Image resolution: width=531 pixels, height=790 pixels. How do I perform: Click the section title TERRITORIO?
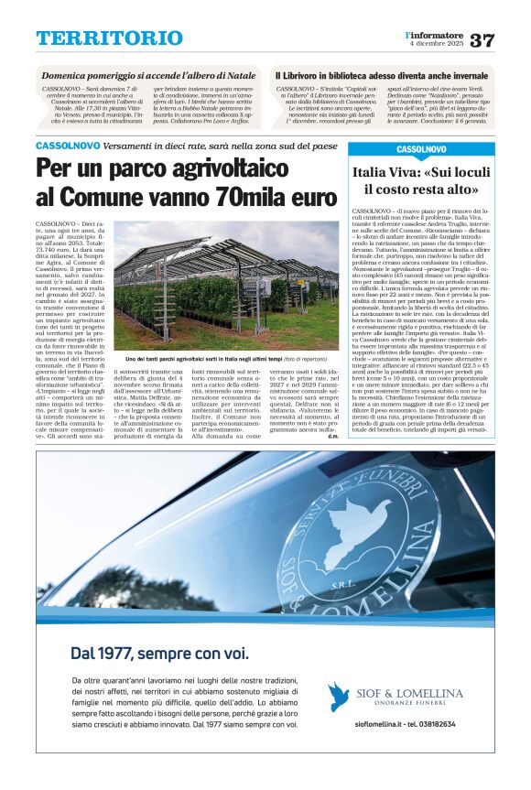click(x=110, y=38)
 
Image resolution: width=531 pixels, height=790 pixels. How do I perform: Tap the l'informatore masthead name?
click(x=434, y=35)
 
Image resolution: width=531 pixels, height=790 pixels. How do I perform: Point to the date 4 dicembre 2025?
click(x=435, y=45)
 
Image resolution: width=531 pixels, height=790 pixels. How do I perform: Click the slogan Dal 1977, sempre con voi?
click(x=160, y=654)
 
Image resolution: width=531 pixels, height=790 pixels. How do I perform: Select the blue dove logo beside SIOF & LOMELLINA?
click(x=340, y=697)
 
